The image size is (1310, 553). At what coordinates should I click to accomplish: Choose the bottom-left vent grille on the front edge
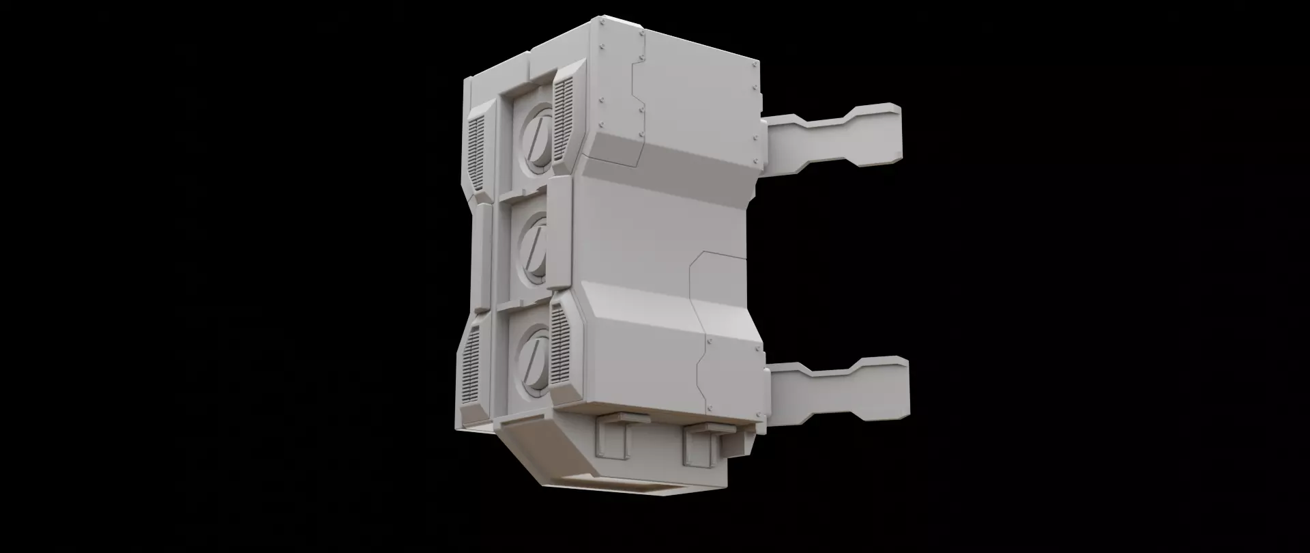471,368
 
